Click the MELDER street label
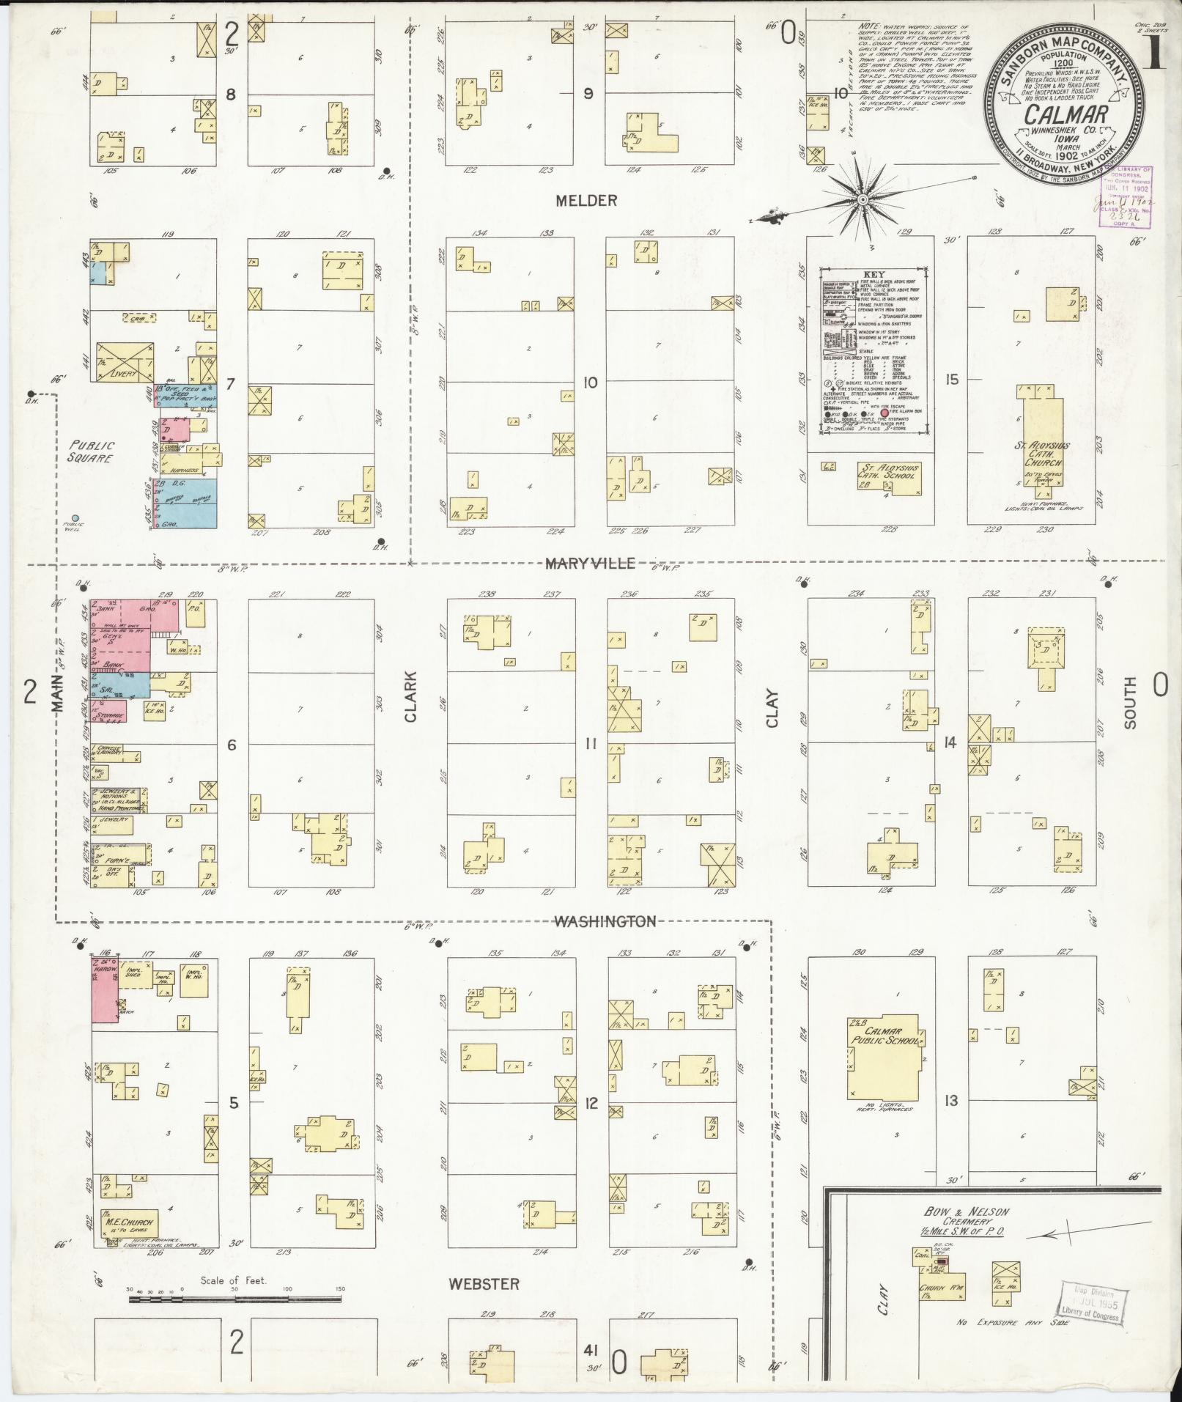[586, 200]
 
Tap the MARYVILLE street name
[589, 563]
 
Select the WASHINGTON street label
[604, 921]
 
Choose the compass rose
[863, 199]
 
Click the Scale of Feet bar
[234, 1299]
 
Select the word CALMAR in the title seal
[1055, 114]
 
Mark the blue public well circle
[75, 515]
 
